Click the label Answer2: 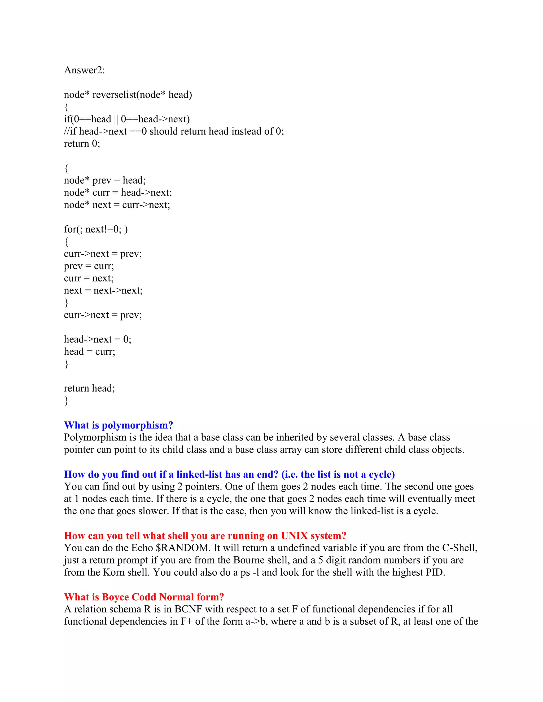point(84,70)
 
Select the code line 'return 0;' point(82,143)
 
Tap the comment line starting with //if point(174,131)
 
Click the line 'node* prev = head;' point(104,180)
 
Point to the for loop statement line point(95,229)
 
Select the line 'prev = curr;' point(89,266)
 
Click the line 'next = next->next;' point(103,291)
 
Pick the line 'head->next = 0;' point(98,339)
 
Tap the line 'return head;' point(89,388)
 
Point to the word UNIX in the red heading point(294,536)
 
